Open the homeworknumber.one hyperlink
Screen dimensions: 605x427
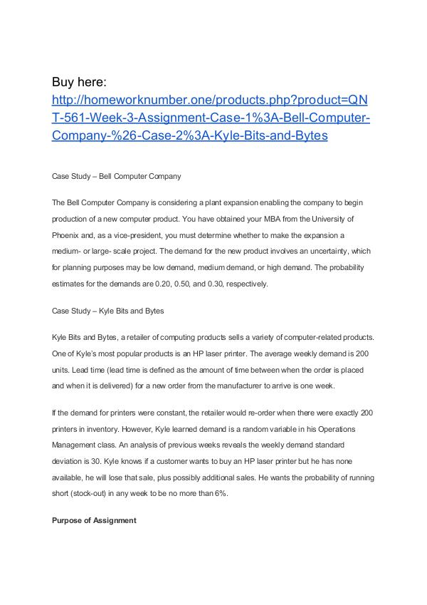(211, 117)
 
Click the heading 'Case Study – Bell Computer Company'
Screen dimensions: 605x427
(117, 175)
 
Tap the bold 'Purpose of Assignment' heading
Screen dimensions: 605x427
(94, 520)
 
